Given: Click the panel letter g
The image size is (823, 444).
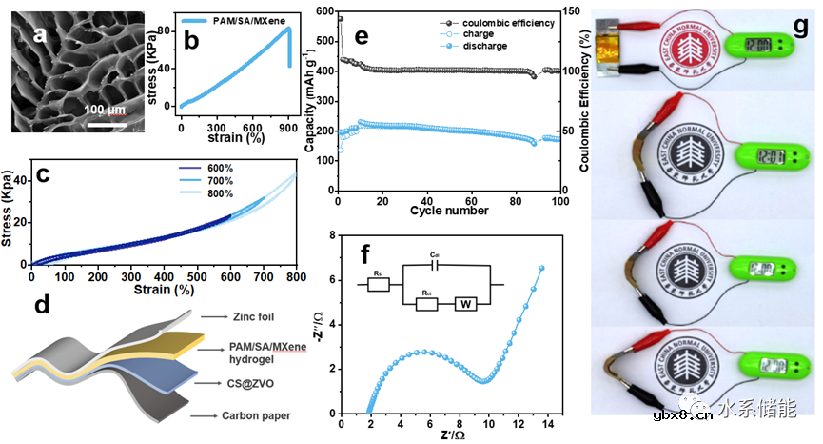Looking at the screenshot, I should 802,21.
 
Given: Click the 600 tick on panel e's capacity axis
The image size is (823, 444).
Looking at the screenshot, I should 324,11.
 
